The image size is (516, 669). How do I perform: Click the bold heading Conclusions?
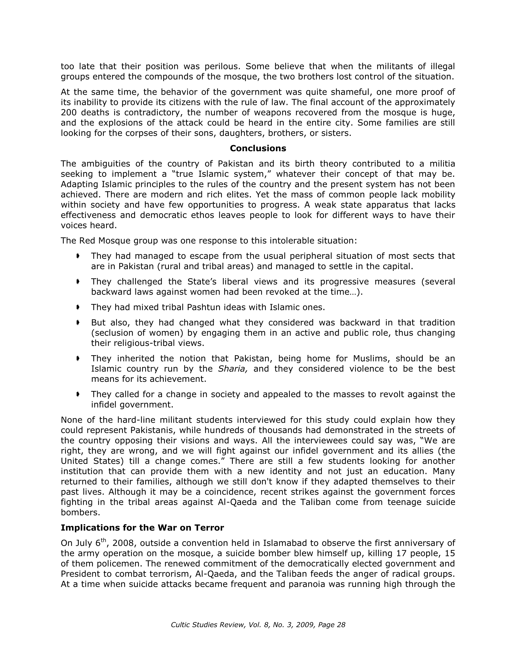click(x=258, y=149)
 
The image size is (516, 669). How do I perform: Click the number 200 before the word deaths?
click(x=68, y=113)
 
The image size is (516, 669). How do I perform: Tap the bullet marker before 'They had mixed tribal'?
click(x=78, y=307)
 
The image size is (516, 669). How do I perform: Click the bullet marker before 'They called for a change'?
click(x=78, y=394)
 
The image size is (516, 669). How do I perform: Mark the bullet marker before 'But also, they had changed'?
click(x=78, y=322)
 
